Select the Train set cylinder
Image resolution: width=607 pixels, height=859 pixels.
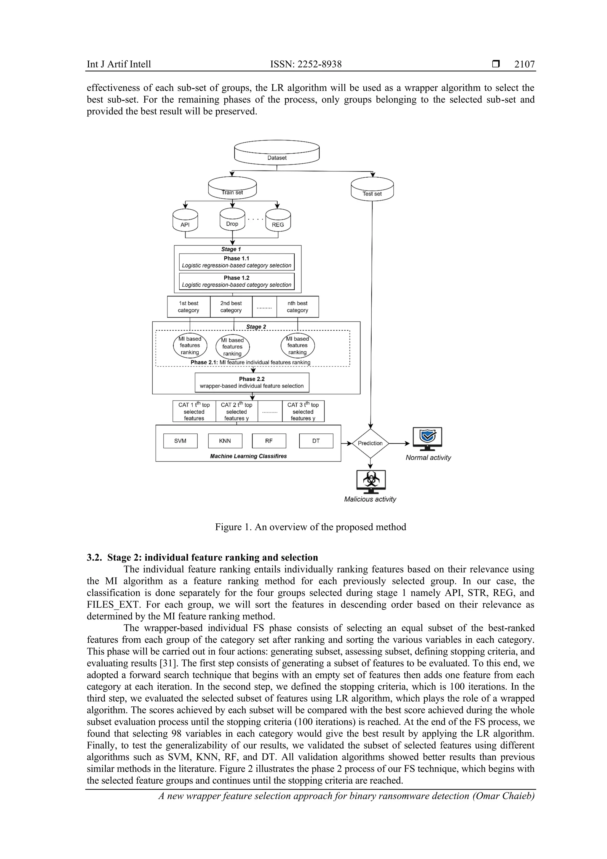click(x=232, y=188)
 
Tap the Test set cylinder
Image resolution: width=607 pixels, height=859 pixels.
click(x=372, y=190)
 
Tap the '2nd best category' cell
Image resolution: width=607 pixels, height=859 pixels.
click(x=231, y=307)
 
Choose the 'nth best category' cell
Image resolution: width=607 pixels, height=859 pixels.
click(x=297, y=307)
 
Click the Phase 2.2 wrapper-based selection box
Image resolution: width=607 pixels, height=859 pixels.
click(x=252, y=383)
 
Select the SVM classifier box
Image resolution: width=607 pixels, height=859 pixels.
click(x=180, y=441)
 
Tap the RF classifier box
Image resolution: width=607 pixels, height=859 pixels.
click(x=269, y=441)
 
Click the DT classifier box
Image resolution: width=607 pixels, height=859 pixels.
click(x=316, y=441)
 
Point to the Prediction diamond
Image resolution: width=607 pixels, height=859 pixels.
click(x=370, y=443)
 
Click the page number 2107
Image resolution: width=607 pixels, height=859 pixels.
click(x=524, y=64)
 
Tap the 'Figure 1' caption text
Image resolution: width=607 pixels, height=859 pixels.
click(x=310, y=527)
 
